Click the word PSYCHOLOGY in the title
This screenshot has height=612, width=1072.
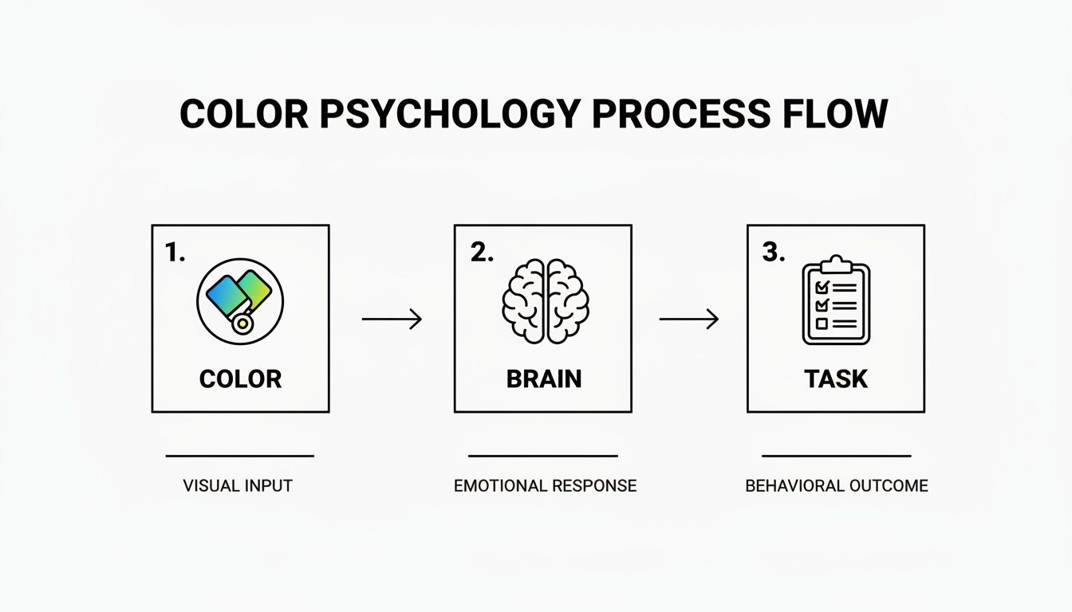pyautogui.click(x=450, y=115)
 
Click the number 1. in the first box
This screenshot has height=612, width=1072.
pyautogui.click(x=175, y=253)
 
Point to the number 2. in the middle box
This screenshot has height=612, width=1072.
pyautogui.click(x=482, y=253)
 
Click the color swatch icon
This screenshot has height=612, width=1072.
pyautogui.click(x=240, y=301)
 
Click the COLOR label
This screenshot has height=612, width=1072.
pyautogui.click(x=240, y=379)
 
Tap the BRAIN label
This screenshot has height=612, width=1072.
pyautogui.click(x=544, y=379)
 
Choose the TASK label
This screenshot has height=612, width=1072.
pyautogui.click(x=836, y=379)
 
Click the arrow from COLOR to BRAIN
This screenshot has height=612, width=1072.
pyautogui.click(x=392, y=320)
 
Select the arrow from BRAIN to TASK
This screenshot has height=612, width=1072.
pyautogui.click(x=689, y=320)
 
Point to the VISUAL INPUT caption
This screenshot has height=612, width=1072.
pyautogui.click(x=238, y=485)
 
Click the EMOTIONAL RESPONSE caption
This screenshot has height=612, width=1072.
pyautogui.click(x=545, y=485)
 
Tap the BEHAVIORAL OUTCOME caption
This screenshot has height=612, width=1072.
pyautogui.click(x=837, y=485)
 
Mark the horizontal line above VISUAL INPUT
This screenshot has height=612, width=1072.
pyautogui.click(x=239, y=457)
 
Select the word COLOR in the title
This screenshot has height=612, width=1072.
pyautogui.click(x=243, y=115)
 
